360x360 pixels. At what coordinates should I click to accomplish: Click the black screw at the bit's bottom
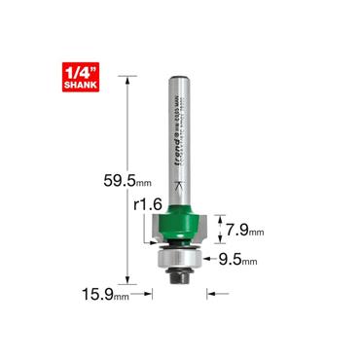pyautogui.click(x=180, y=276)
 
